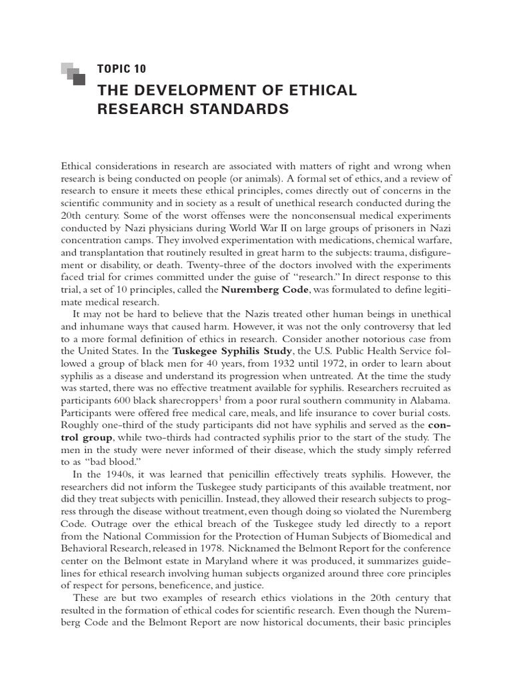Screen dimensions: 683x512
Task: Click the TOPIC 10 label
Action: (x=121, y=69)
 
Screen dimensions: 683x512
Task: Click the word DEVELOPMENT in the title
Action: (x=204, y=90)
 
